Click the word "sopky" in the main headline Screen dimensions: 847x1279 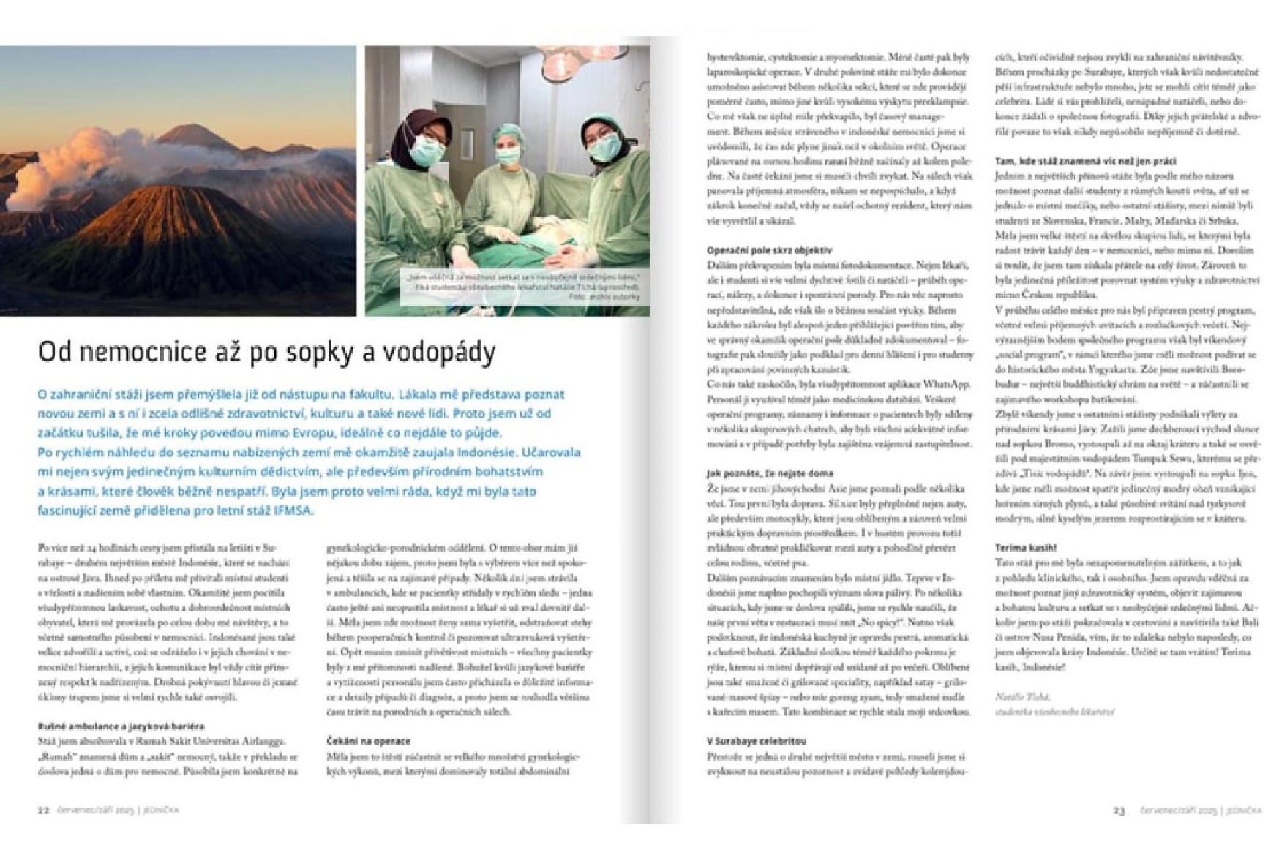pyautogui.click(x=319, y=353)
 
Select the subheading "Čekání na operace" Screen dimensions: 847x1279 pyautogui.click(x=368, y=741)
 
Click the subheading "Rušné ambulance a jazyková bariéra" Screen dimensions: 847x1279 pyautogui.click(x=121, y=726)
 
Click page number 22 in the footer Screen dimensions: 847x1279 pyautogui.click(x=44, y=810)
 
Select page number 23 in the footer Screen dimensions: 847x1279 pyautogui.click(x=1119, y=811)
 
